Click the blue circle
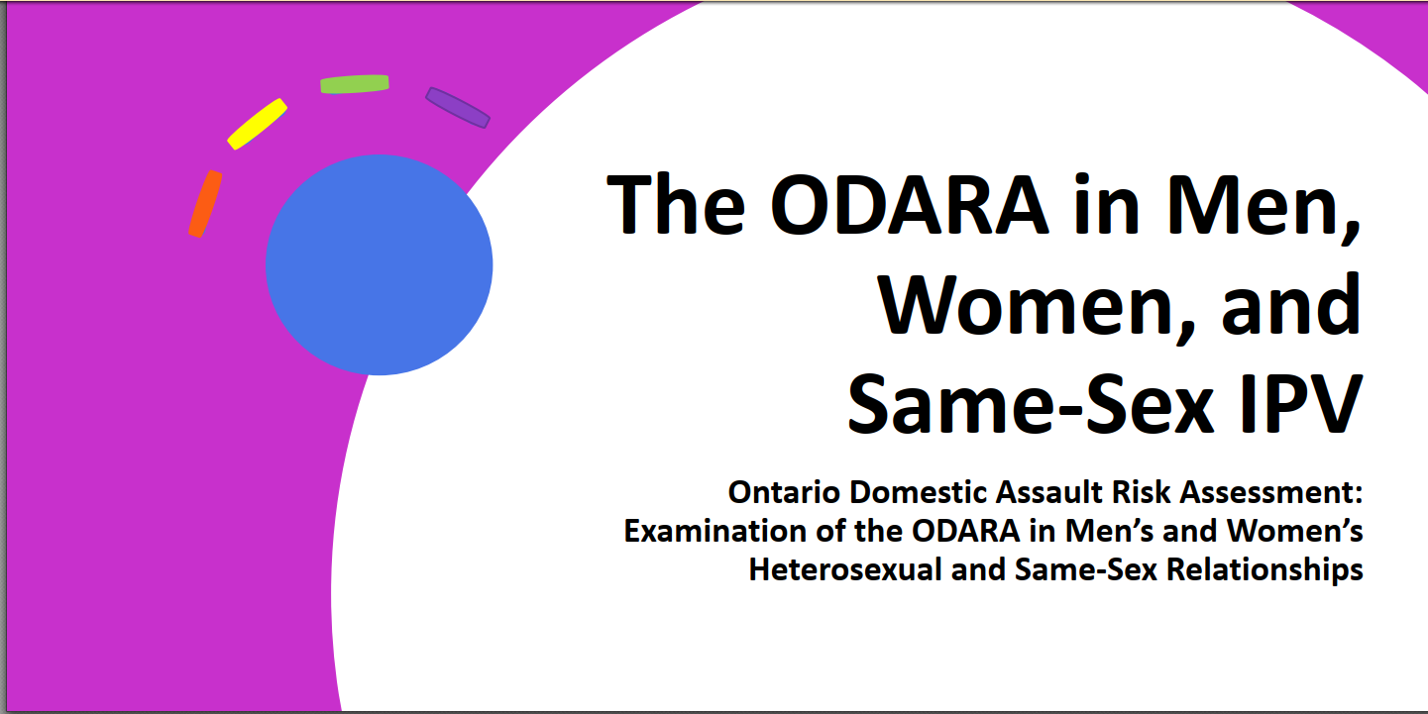tap(380, 265)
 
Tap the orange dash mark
tap(205, 204)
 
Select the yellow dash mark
tap(257, 124)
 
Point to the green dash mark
tap(355, 84)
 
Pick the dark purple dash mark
tap(458, 108)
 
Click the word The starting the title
tap(676, 204)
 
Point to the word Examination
tap(714, 531)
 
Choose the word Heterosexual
tap(845, 569)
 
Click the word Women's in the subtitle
tap(1295, 531)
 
